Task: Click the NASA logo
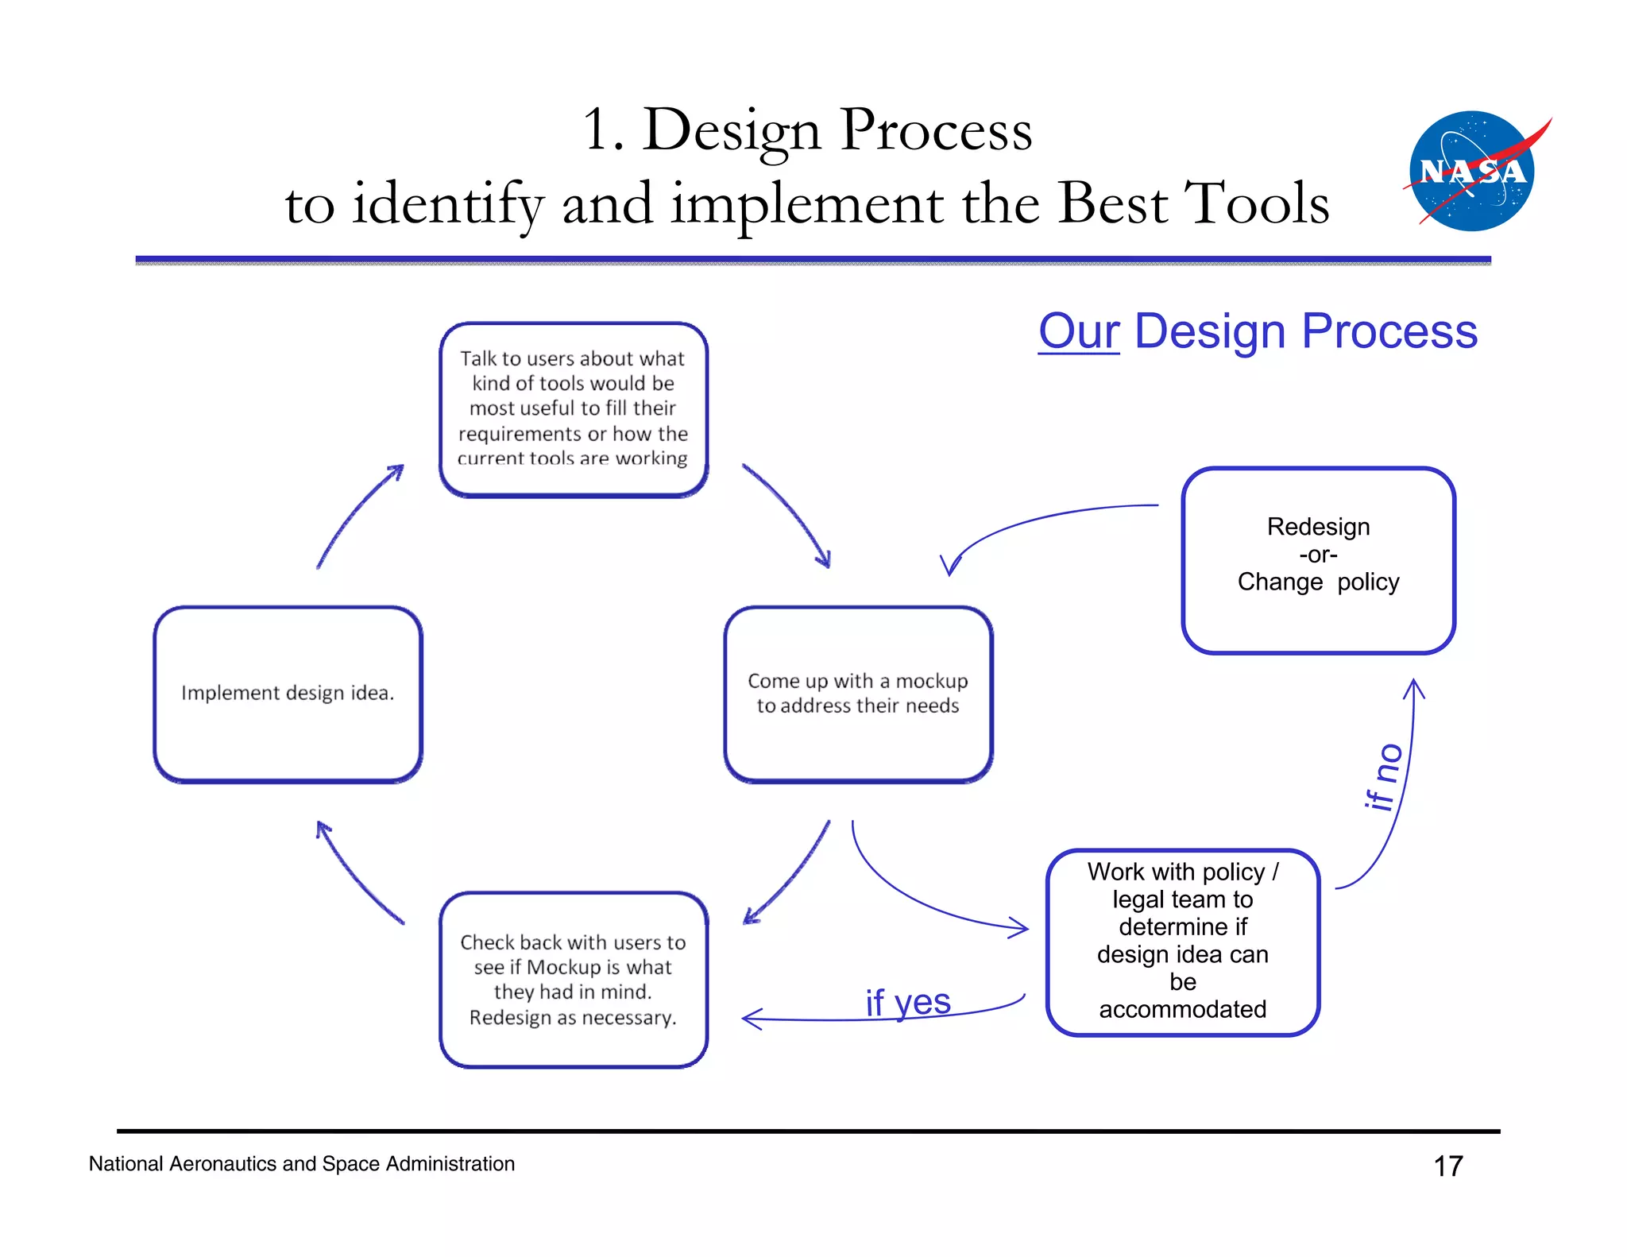click(1472, 171)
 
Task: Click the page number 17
click(1447, 1166)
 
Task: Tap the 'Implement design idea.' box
click(288, 694)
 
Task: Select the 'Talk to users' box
click(573, 408)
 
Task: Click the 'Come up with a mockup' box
click(858, 694)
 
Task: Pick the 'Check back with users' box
click(573, 979)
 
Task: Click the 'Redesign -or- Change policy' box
click(1318, 559)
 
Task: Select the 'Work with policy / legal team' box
click(1182, 942)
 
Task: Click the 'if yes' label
click(908, 1002)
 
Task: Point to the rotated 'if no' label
click(1383, 776)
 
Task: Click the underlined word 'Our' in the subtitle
click(1078, 331)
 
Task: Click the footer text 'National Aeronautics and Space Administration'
click(301, 1163)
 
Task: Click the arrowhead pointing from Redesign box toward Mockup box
click(949, 565)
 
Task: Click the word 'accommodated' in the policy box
click(1182, 1009)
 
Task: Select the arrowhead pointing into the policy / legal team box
click(1018, 927)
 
